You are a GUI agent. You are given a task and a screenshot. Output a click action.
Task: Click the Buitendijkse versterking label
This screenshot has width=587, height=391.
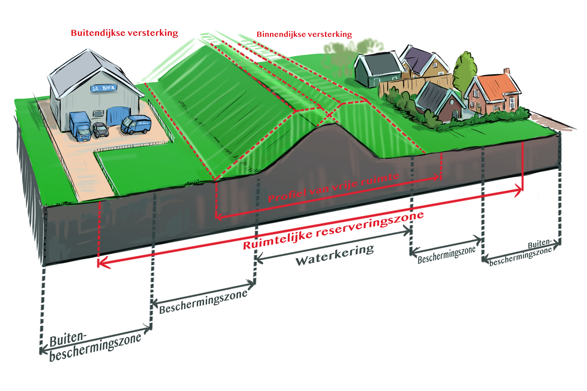[124, 33]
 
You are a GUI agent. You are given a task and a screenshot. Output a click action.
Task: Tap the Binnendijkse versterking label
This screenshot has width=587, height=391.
[304, 34]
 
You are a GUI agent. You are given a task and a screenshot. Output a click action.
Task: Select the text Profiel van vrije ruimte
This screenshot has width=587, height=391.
[334, 188]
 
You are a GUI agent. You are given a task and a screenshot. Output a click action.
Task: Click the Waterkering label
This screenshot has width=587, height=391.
[334, 255]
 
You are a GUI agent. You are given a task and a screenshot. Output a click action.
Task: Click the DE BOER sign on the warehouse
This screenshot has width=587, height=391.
[104, 88]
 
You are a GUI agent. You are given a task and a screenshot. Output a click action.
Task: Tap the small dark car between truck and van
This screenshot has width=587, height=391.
[101, 130]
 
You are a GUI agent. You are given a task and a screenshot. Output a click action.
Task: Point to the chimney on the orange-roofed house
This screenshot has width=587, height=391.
[507, 72]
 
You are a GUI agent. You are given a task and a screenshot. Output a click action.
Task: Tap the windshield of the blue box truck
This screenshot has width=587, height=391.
[84, 133]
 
